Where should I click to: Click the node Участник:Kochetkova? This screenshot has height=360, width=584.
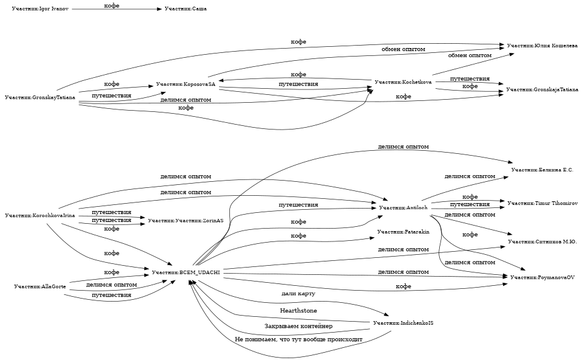(403, 81)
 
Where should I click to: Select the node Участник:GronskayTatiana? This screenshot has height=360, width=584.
(40, 97)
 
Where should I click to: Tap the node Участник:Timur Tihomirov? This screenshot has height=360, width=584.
(542, 202)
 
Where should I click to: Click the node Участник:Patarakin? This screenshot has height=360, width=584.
(403, 232)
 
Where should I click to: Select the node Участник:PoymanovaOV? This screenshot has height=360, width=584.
(542, 277)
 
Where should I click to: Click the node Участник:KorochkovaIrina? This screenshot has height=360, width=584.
(40, 216)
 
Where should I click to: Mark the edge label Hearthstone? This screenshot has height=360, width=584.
(298, 311)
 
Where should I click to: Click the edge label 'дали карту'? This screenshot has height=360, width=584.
(298, 294)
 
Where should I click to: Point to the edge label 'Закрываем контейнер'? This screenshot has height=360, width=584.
(298, 327)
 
